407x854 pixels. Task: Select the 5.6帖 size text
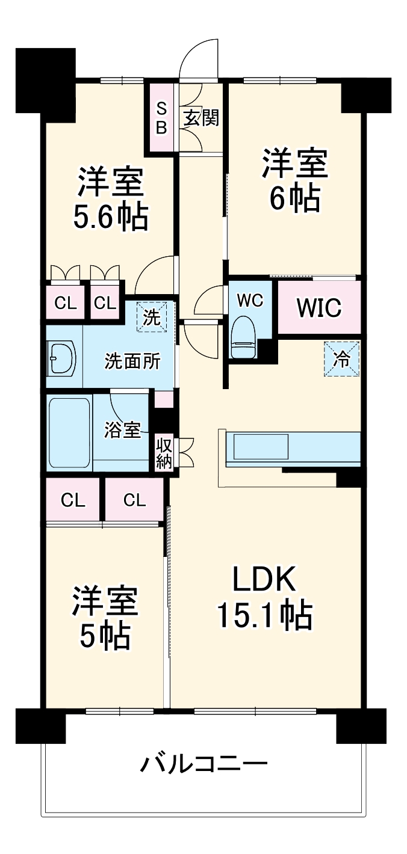(110, 218)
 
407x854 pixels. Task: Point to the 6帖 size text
(294, 199)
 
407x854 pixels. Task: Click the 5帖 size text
(105, 635)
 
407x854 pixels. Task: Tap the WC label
(250, 301)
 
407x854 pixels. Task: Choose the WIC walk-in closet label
(318, 308)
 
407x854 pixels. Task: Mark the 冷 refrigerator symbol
(341, 359)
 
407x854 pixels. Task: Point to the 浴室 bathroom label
(122, 430)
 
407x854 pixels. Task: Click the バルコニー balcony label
(204, 765)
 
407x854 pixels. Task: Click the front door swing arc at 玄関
(199, 57)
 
